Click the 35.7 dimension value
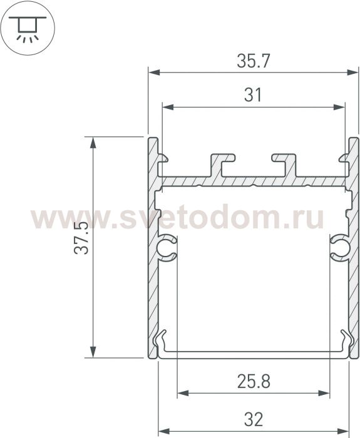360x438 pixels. [254, 61]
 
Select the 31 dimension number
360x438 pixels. [253, 95]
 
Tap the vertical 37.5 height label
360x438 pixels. [81, 238]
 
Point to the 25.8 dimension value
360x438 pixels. [254, 381]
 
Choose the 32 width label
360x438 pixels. [254, 419]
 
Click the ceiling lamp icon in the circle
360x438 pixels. [28, 29]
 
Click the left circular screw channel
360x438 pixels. [167, 248]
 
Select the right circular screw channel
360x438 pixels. [340, 248]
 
